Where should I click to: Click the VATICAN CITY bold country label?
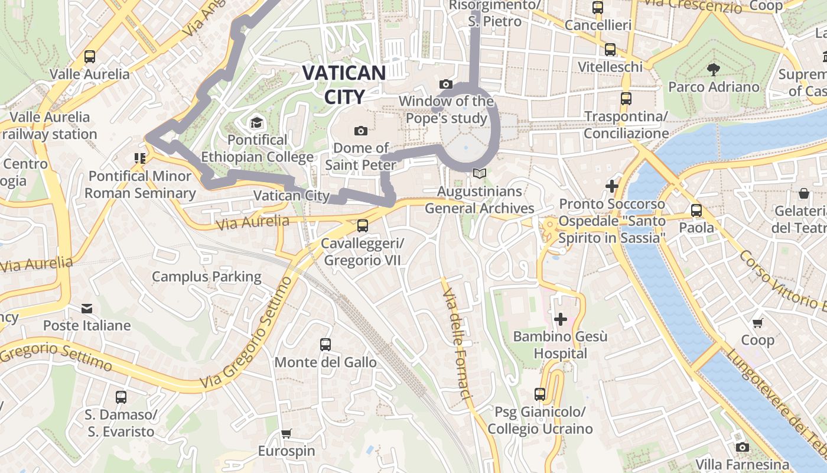click(x=344, y=84)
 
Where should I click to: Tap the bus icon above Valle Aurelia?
click(x=90, y=57)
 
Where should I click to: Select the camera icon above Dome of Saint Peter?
click(x=360, y=130)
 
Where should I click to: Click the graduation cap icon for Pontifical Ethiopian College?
click(x=256, y=123)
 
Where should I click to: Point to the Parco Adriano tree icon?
click(x=714, y=69)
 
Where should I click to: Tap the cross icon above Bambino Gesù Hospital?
click(x=560, y=319)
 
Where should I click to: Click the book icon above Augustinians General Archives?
click(x=480, y=174)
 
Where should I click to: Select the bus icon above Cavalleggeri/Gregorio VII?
click(x=362, y=225)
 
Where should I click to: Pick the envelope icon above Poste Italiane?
click(x=87, y=308)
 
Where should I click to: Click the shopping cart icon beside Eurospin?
click(x=286, y=434)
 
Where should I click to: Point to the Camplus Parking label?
click(x=206, y=277)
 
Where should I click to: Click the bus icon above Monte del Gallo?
click(x=325, y=345)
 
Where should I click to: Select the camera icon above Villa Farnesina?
click(x=743, y=447)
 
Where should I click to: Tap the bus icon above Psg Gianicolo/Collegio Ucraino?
click(x=539, y=394)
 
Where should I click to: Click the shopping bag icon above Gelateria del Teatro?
click(x=803, y=193)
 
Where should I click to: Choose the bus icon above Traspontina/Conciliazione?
click(x=626, y=98)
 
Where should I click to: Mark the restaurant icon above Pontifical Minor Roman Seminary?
click(x=140, y=158)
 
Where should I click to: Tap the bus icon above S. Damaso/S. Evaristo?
click(x=121, y=397)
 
